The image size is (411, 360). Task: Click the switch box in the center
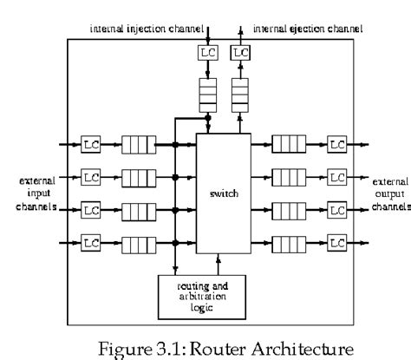[224, 193]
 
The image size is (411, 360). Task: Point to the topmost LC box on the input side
[91, 143]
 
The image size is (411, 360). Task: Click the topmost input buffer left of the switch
[135, 143]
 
